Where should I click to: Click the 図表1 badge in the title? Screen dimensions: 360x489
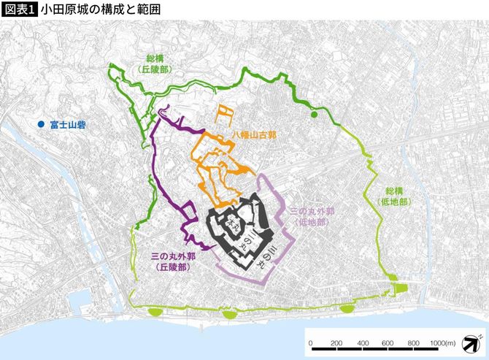[18, 9]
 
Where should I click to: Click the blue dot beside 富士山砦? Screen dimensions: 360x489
[42, 125]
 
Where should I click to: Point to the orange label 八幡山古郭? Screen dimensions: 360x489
[256, 136]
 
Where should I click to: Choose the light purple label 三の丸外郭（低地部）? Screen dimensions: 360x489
[312, 216]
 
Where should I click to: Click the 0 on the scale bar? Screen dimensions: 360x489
[311, 342]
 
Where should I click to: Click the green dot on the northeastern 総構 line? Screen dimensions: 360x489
[315, 115]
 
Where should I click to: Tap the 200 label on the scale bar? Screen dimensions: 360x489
[336, 342]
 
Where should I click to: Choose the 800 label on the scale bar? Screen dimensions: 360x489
[413, 342]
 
